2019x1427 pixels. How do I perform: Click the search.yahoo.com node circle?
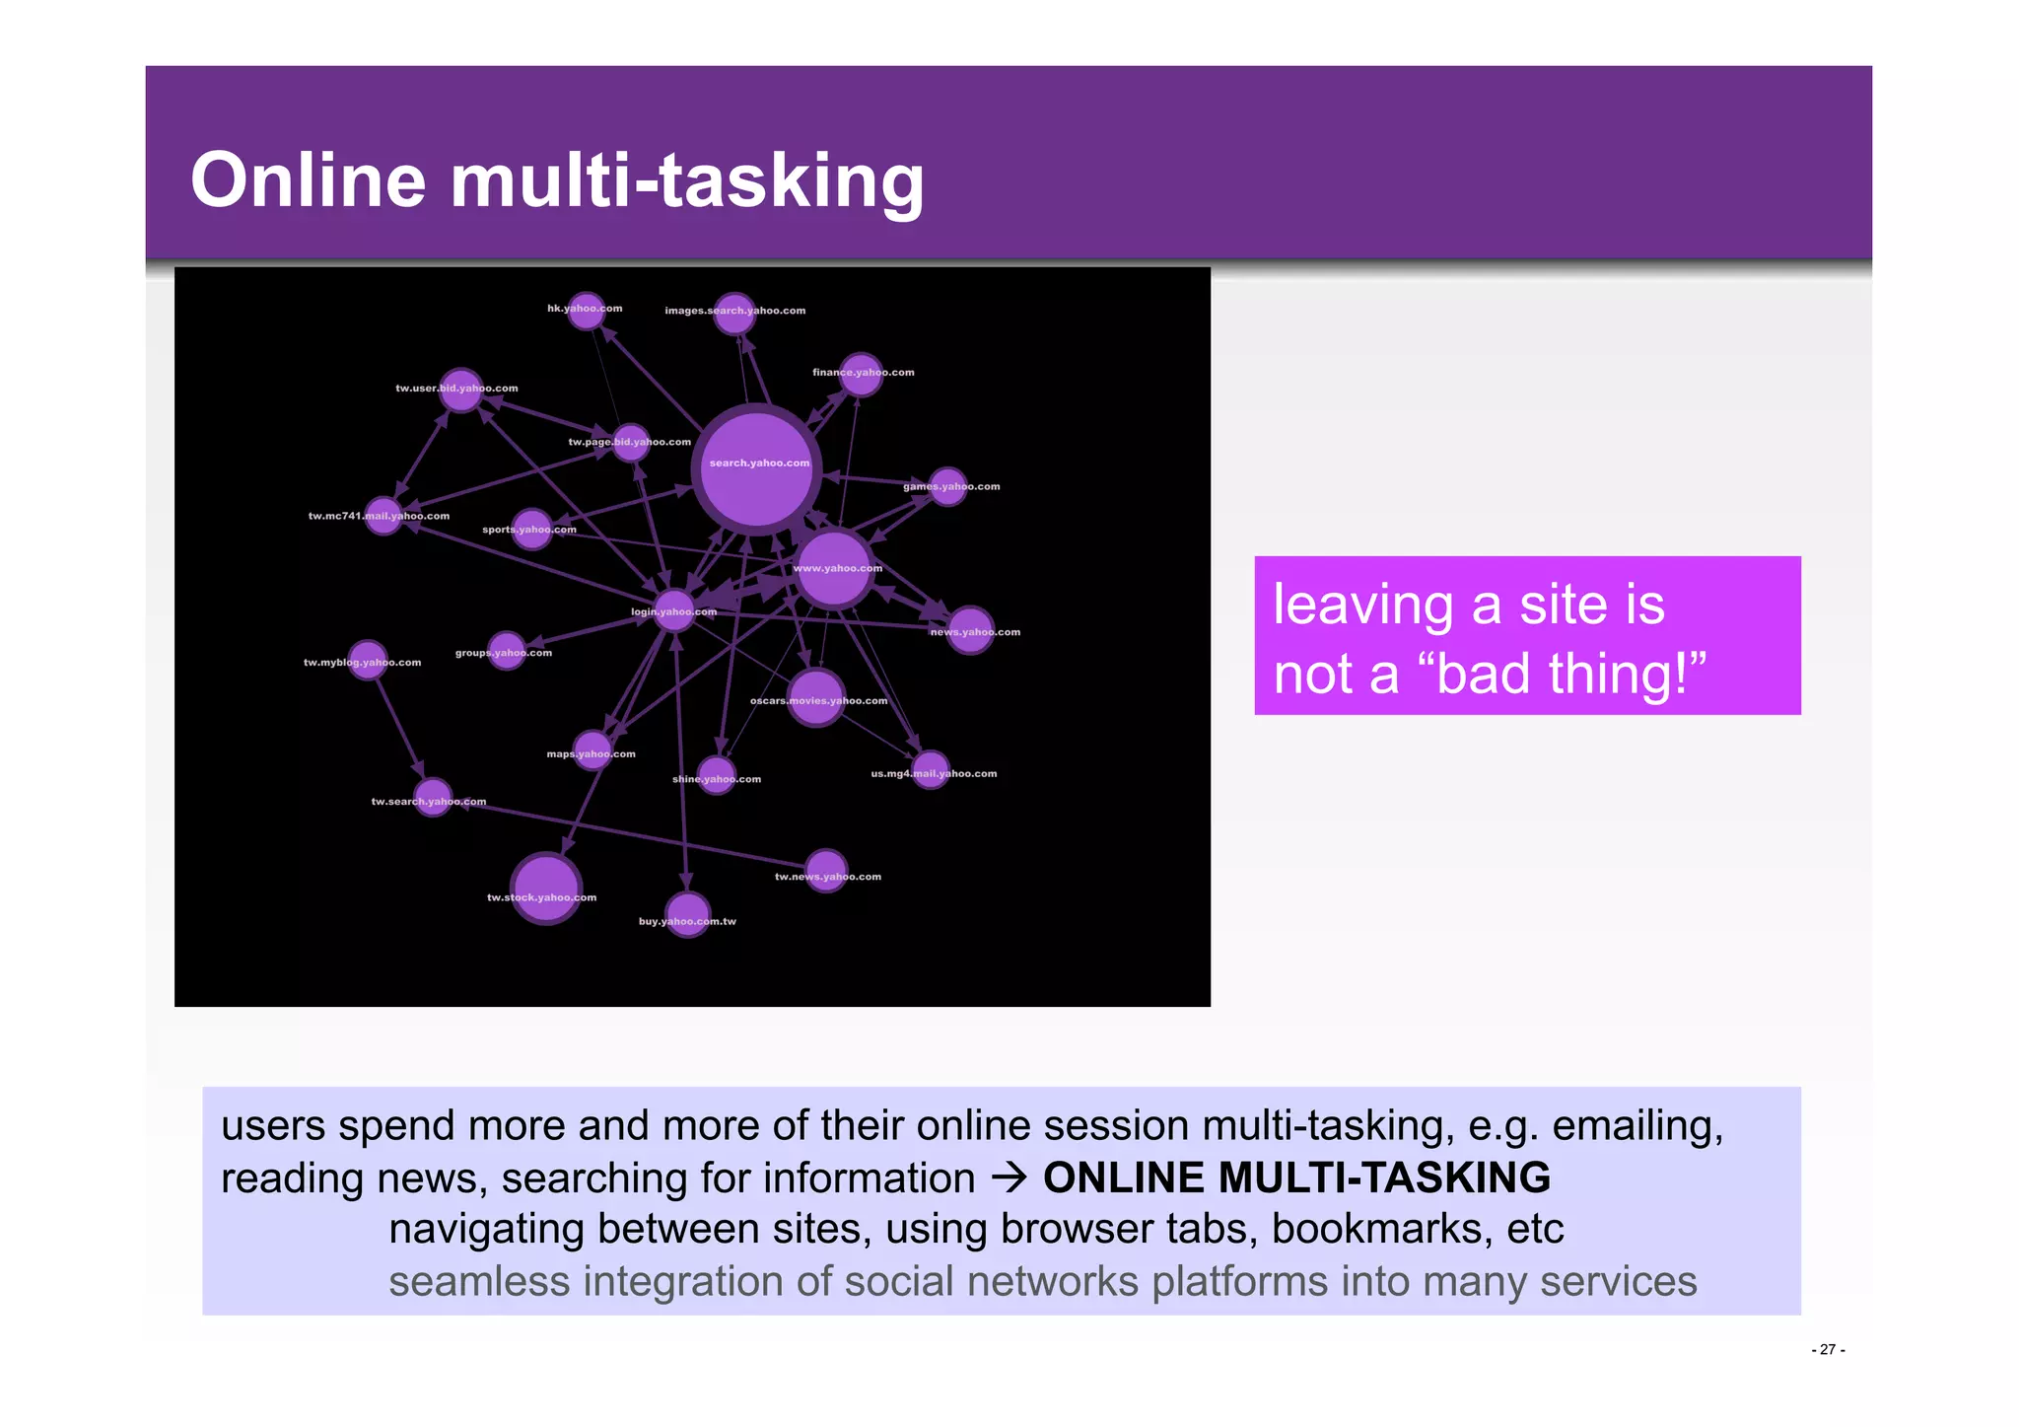(x=756, y=469)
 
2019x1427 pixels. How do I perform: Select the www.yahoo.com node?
(x=834, y=569)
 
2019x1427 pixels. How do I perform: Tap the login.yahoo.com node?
(x=674, y=609)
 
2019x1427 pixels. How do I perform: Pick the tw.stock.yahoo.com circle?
(x=545, y=888)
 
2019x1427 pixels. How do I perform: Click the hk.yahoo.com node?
(x=587, y=311)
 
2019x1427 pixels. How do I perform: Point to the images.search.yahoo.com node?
(x=734, y=313)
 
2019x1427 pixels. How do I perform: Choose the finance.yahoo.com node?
(x=861, y=375)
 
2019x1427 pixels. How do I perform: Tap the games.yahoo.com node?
(x=948, y=486)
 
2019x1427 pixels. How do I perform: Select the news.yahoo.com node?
(x=971, y=629)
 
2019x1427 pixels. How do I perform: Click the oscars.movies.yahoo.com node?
(x=816, y=696)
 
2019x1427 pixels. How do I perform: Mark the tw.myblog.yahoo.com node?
(x=368, y=659)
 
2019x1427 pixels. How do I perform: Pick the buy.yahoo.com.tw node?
(x=687, y=914)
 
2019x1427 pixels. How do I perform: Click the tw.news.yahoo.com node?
(x=826, y=870)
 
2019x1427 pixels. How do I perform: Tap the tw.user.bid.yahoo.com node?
(x=460, y=390)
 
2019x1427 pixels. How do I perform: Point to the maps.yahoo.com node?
(x=592, y=750)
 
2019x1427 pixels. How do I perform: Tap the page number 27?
(x=1828, y=1350)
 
